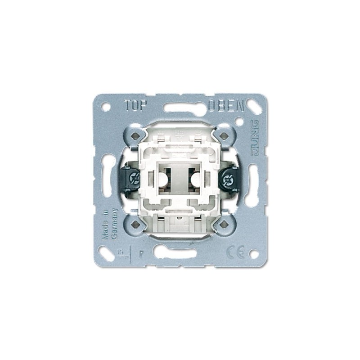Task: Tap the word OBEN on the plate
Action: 226,106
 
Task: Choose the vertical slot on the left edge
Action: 107,180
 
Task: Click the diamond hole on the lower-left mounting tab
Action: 134,225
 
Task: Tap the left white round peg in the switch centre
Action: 165,180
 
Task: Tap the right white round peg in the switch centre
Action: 195,180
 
